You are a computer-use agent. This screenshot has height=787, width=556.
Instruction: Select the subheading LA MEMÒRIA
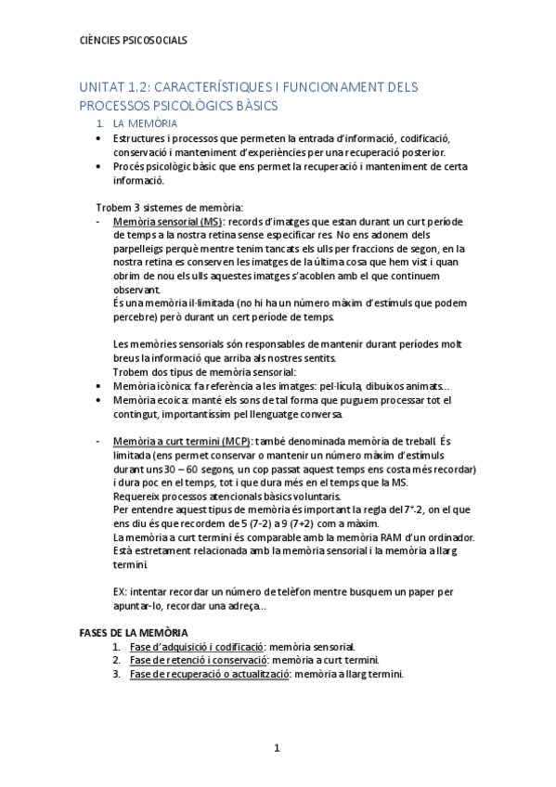coord(145,123)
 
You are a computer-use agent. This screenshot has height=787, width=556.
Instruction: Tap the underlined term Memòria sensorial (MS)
coord(167,223)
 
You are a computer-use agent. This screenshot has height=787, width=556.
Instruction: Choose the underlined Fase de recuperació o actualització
coord(209,674)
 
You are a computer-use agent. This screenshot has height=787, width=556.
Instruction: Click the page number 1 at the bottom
coord(277,748)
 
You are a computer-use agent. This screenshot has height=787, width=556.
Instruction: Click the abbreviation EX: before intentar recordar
coord(119,591)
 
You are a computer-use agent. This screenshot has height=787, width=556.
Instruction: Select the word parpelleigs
coord(141,249)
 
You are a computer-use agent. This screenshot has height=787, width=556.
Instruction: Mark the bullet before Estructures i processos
coord(99,138)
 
